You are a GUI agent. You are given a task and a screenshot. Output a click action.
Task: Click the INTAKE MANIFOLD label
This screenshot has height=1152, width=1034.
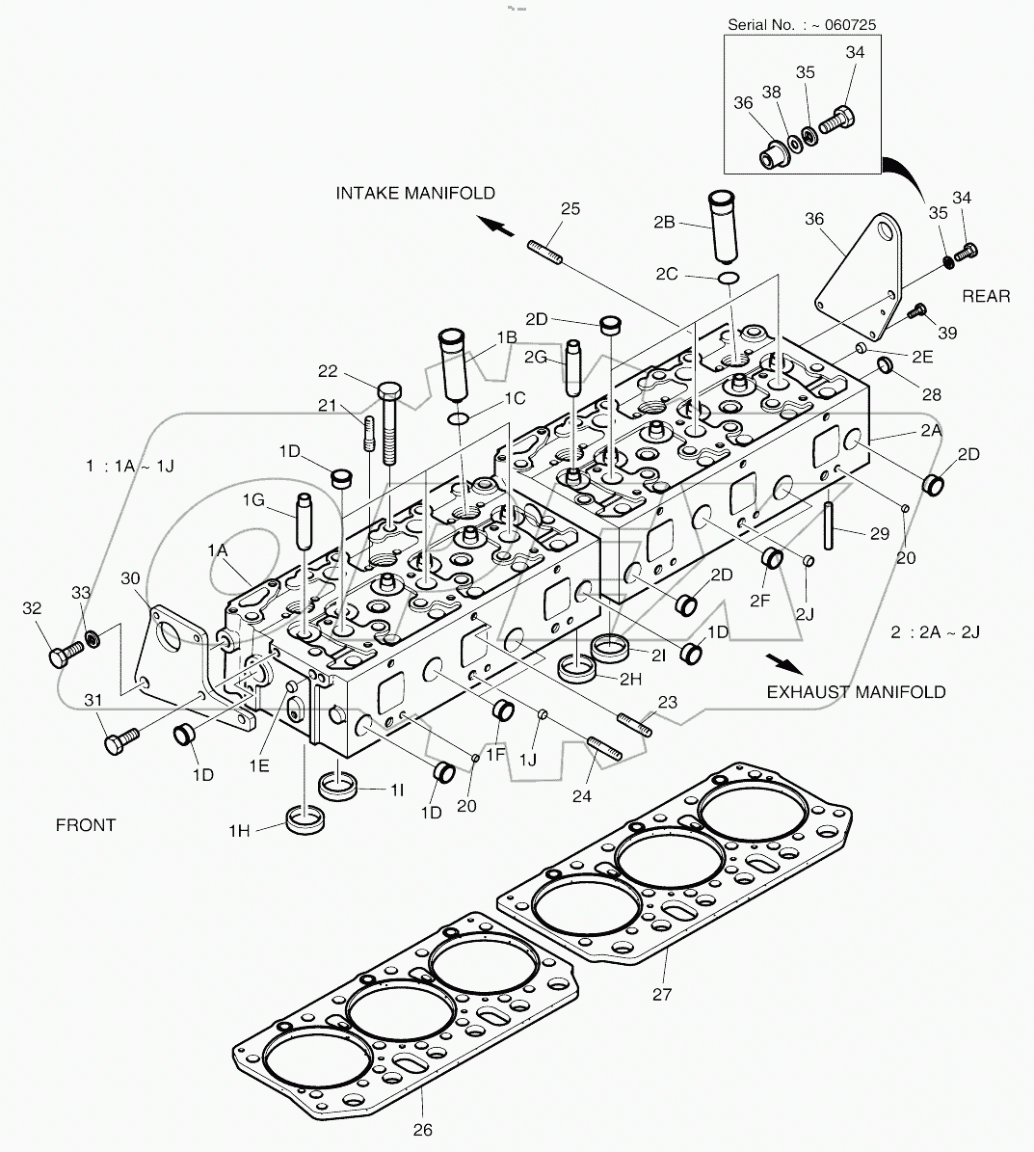click(415, 194)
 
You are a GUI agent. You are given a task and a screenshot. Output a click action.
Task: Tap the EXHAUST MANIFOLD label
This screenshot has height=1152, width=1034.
click(856, 691)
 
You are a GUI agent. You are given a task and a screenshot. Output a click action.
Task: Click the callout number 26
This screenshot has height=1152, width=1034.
click(423, 1129)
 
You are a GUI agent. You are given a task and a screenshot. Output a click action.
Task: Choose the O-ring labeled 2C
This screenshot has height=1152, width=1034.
click(729, 279)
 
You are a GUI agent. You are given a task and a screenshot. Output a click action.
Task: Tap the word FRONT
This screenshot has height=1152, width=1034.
click(85, 825)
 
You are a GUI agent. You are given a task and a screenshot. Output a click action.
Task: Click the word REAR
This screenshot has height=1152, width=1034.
click(985, 296)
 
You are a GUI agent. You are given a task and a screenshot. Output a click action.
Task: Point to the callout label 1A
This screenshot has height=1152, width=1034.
click(217, 549)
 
